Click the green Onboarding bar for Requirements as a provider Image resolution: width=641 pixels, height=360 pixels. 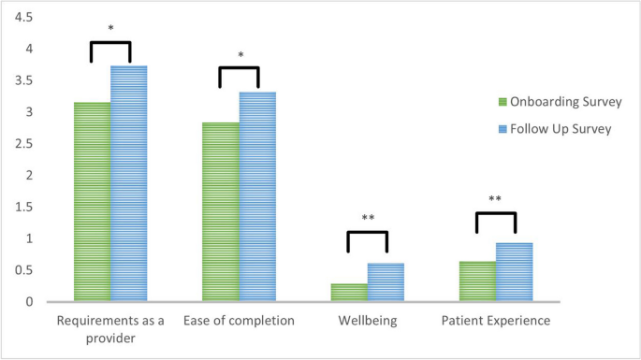pyautogui.click(x=92, y=202)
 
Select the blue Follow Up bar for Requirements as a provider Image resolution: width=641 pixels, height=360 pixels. pyautogui.click(x=129, y=183)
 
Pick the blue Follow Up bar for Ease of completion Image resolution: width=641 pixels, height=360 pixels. pyautogui.click(x=257, y=196)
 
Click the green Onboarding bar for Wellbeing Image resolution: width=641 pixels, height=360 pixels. pyautogui.click(x=349, y=293)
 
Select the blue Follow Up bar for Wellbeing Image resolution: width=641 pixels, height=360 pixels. pyautogui.click(x=386, y=282)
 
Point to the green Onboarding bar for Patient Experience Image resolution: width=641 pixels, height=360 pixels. pyautogui.click(x=477, y=281)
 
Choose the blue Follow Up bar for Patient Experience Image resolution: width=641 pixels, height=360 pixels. pyautogui.click(x=514, y=272)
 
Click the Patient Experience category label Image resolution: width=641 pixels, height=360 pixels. pyautogui.click(x=496, y=321)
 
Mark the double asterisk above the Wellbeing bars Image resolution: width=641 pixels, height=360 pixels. pyautogui.click(x=368, y=219)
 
